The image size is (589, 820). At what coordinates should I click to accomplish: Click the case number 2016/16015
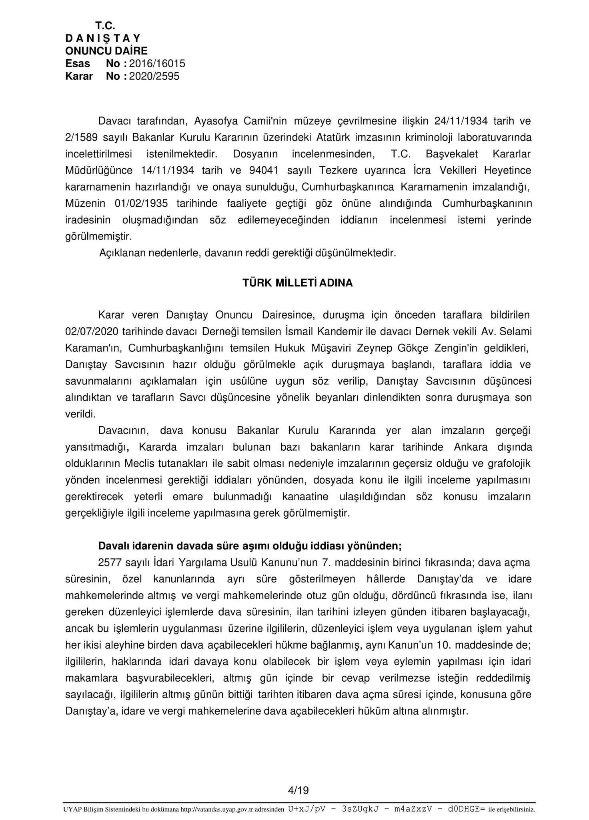(157, 64)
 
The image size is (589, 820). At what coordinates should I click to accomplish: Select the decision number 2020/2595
(154, 76)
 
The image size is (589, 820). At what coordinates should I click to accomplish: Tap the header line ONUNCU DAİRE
(106, 51)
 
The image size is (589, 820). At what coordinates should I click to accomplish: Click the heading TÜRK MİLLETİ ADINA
(297, 283)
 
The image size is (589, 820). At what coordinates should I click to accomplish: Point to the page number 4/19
(298, 790)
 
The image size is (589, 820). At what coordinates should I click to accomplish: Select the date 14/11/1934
(168, 170)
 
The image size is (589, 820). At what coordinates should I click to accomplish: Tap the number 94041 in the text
(263, 170)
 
